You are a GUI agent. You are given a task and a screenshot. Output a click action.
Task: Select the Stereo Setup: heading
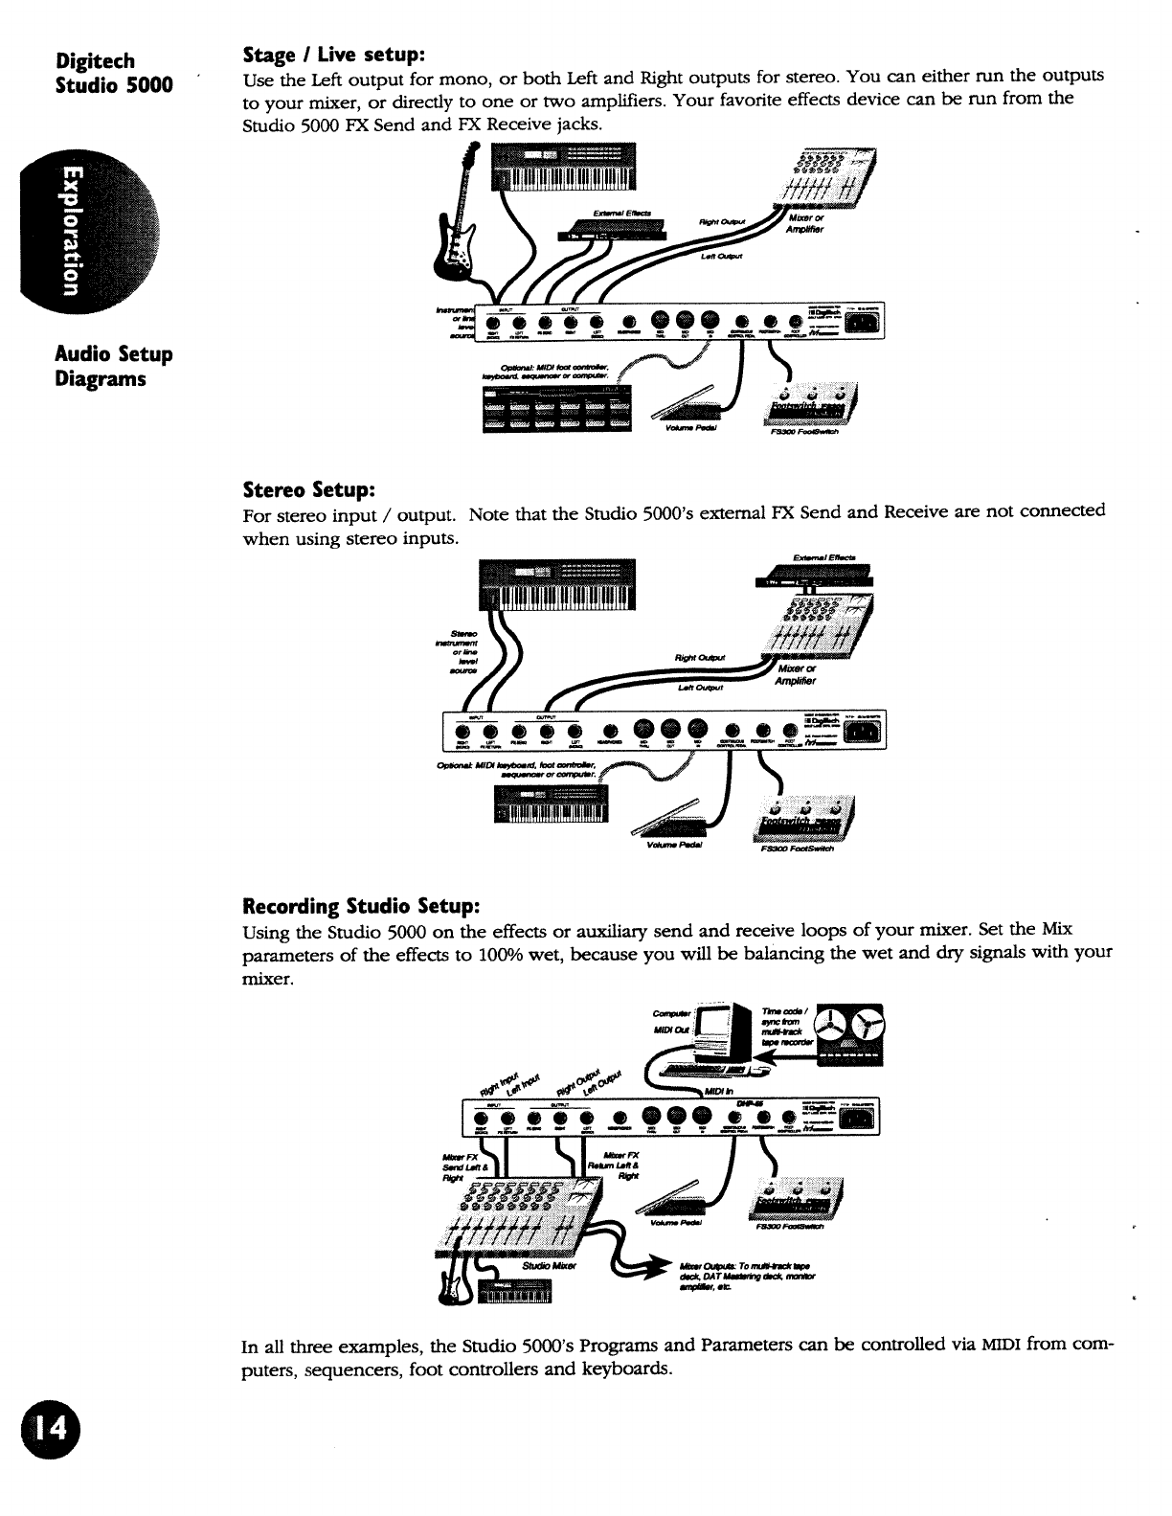pyautogui.click(x=306, y=490)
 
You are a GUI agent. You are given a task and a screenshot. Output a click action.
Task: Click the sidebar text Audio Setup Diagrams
pyautogui.click(x=113, y=367)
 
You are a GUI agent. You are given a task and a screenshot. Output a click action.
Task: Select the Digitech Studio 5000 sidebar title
pyautogui.click(x=113, y=73)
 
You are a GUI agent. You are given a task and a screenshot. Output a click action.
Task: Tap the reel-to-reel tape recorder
pyautogui.click(x=849, y=1034)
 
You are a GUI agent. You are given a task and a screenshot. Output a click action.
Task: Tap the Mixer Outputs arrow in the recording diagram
pyautogui.click(x=637, y=1265)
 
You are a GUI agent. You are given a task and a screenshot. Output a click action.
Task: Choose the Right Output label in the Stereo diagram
pyautogui.click(x=700, y=657)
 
